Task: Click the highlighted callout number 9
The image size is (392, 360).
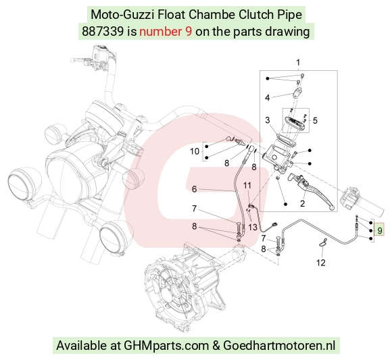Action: (380, 230)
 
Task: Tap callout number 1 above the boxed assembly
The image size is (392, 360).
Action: (298, 62)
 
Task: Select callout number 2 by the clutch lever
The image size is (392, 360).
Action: (302, 203)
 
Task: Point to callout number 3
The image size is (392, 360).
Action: (268, 120)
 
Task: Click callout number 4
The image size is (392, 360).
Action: (267, 98)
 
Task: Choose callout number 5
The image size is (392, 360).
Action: (315, 120)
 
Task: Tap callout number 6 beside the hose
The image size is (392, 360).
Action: (194, 189)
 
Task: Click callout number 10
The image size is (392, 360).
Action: (195, 151)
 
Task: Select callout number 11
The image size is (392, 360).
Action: (247, 185)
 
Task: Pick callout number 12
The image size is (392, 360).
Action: (321, 263)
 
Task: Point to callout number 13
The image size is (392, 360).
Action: (253, 228)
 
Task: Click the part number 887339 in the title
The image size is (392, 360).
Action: (103, 32)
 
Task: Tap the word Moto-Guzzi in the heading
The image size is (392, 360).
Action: (122, 15)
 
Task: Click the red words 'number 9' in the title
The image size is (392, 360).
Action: (166, 32)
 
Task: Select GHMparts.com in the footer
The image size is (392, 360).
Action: (166, 346)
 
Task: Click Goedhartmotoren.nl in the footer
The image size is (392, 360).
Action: (279, 346)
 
